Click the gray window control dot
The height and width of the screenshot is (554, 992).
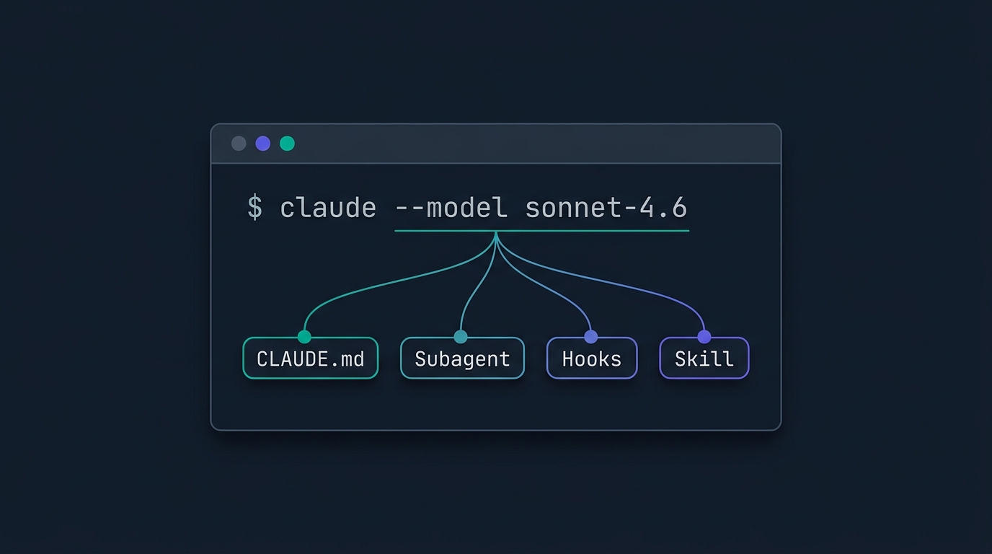(x=239, y=144)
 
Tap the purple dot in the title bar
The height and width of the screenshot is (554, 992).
(x=263, y=144)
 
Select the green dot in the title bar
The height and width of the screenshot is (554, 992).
(x=288, y=144)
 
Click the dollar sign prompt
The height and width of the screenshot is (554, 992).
(x=254, y=208)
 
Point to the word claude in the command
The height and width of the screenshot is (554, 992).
(x=328, y=208)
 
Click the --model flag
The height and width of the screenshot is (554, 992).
(x=451, y=208)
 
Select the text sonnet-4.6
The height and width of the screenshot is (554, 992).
(x=606, y=208)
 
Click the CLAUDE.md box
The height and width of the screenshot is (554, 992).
(x=311, y=358)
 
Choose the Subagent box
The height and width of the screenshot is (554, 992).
(x=462, y=358)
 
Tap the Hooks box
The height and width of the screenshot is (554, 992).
(x=592, y=358)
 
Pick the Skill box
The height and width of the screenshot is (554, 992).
(x=704, y=358)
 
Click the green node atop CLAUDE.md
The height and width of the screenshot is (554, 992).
(x=304, y=337)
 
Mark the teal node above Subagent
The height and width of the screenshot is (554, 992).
(x=461, y=337)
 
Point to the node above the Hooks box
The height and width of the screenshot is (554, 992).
(x=590, y=337)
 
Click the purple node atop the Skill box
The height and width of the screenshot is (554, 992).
(x=704, y=337)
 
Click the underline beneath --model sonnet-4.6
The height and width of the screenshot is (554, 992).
(x=542, y=231)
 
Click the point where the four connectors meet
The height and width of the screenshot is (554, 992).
(x=496, y=233)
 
